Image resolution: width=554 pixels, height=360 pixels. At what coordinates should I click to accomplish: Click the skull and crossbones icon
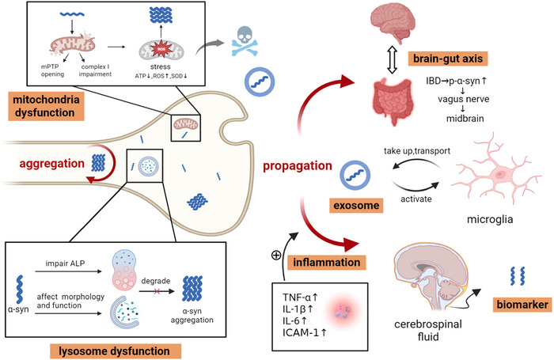coord(245,40)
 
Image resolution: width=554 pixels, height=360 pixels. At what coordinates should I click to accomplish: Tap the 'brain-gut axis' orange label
coord(448,59)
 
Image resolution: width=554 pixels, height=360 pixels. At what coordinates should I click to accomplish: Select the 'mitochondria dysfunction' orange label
coord(46,106)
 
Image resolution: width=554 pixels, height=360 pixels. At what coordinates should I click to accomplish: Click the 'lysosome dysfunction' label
coord(116,351)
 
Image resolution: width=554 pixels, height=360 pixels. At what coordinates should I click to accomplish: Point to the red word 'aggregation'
coord(52,164)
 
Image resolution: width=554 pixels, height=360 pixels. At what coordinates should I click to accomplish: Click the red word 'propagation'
coord(298,165)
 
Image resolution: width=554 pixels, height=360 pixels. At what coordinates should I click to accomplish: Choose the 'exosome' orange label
coord(356,205)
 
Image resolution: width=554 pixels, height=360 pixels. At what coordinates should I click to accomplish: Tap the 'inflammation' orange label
coord(326,263)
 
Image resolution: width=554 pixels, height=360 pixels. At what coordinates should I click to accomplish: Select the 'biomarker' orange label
coord(522,305)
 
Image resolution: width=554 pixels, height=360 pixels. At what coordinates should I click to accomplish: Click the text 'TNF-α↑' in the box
coord(300,297)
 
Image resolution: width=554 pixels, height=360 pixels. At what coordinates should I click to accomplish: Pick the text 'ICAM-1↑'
coord(305,332)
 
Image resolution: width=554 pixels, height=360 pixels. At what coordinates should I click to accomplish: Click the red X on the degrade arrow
coord(157,291)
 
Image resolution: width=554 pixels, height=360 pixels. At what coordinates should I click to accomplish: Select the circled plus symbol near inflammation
coord(276,255)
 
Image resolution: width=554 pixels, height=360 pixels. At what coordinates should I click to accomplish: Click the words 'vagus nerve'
coord(464,99)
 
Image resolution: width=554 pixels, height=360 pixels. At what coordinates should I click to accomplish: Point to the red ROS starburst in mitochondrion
coord(161,49)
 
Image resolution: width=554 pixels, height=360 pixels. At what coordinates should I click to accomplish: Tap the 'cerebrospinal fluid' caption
coord(428,330)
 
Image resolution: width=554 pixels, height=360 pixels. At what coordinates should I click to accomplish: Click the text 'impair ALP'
coord(65,263)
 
